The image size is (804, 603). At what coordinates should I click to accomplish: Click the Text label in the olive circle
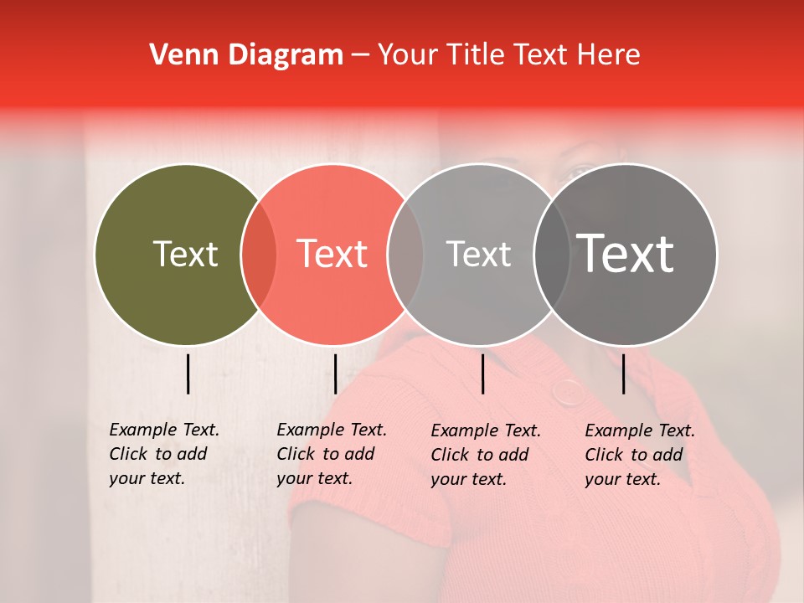(x=185, y=254)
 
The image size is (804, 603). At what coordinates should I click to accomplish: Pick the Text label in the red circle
(x=332, y=254)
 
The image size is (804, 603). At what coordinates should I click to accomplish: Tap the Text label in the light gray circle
(x=478, y=254)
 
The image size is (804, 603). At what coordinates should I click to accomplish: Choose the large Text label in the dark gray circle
(x=626, y=254)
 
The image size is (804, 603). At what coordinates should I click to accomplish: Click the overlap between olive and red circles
(x=259, y=255)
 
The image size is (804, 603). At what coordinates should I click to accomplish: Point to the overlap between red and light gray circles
(x=405, y=255)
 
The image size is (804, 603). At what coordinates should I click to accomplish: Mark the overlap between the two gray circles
(x=552, y=255)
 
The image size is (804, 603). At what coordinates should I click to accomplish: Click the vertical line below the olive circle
(x=188, y=374)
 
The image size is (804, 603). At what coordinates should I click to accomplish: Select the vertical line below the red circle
(x=335, y=374)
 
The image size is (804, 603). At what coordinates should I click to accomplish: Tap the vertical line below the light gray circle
(x=482, y=374)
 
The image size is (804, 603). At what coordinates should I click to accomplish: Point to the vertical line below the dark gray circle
(x=624, y=374)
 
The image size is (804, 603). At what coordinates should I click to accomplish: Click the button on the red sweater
(x=570, y=392)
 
